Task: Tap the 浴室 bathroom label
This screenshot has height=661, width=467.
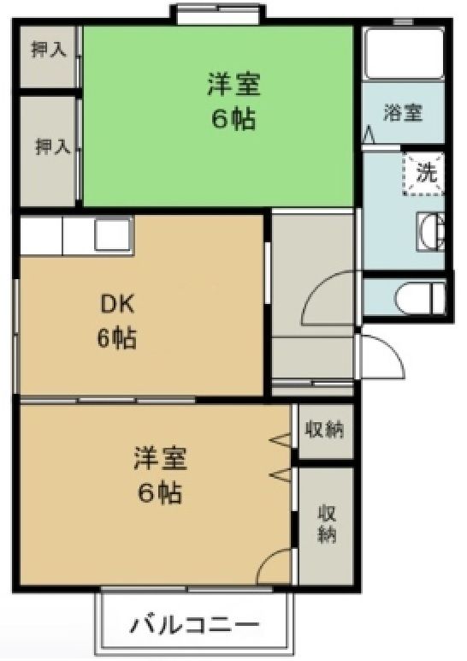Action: click(x=401, y=112)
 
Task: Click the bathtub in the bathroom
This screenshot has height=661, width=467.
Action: click(x=401, y=53)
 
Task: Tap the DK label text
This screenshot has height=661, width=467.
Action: click(x=117, y=305)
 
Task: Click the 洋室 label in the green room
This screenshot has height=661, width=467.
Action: click(x=233, y=86)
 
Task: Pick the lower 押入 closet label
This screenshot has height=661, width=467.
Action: click(x=51, y=146)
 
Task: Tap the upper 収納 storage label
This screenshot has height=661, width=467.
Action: click(x=326, y=430)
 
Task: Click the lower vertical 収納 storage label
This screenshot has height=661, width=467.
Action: click(x=327, y=523)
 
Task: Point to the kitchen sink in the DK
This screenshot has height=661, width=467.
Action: click(x=112, y=235)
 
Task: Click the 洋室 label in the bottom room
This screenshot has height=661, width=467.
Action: click(x=160, y=458)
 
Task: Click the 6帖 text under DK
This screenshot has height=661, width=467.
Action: click(x=116, y=338)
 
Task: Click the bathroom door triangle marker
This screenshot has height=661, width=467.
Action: click(x=369, y=135)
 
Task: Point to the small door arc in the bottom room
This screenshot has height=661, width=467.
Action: click(x=275, y=568)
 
